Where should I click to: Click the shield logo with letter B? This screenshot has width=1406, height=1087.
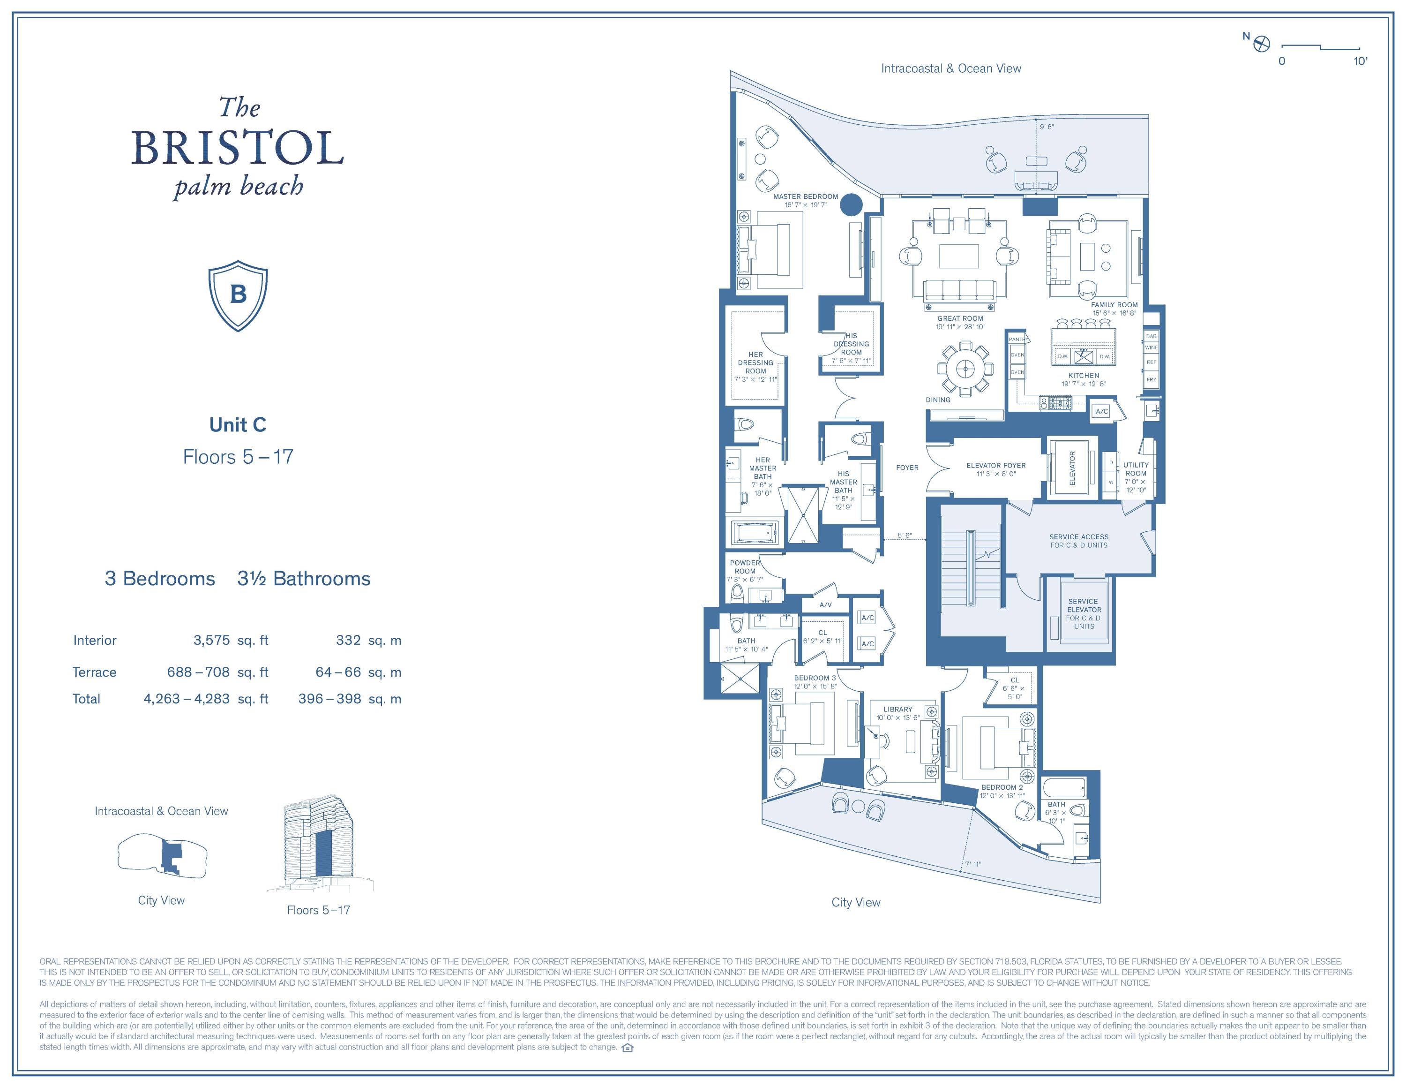[x=238, y=295]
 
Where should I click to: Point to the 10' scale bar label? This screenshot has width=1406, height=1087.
[x=1360, y=61]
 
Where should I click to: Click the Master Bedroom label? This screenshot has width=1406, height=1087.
[x=805, y=197]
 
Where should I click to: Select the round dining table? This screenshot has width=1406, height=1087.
[x=965, y=368]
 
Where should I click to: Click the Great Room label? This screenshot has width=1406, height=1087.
[x=960, y=318]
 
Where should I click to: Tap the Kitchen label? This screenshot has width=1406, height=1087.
[x=1084, y=376]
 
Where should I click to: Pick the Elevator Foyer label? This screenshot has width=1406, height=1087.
[x=995, y=465]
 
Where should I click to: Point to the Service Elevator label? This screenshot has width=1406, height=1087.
[x=1084, y=605]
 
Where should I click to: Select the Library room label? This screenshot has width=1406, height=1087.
[x=897, y=709]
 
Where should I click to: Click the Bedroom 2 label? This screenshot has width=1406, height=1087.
[x=1002, y=787]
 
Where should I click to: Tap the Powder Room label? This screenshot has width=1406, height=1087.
[x=745, y=566]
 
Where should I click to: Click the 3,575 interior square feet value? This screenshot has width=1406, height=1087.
[x=211, y=640]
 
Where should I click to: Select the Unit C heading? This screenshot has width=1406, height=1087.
[x=238, y=424]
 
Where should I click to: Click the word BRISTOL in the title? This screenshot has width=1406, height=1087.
[x=238, y=148]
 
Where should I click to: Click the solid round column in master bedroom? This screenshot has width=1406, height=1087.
[x=851, y=205]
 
